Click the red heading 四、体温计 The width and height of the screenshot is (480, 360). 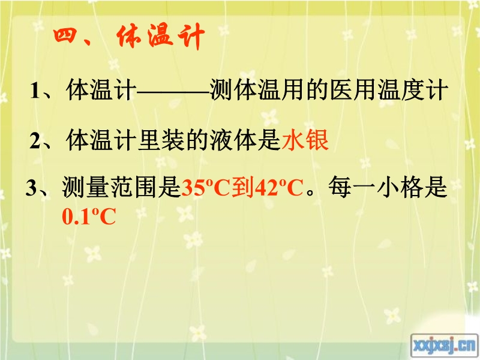click(x=128, y=37)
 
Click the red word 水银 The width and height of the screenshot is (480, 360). click(x=305, y=140)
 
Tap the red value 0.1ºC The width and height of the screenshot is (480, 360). click(x=89, y=217)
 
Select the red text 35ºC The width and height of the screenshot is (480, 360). click(x=206, y=187)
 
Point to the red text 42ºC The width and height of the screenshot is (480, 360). click(x=279, y=187)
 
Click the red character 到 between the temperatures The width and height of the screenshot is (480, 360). click(x=242, y=187)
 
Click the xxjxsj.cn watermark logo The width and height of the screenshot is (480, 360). click(x=444, y=346)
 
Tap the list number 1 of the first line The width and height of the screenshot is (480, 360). click(x=35, y=91)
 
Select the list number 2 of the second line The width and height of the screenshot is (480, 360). click(x=35, y=141)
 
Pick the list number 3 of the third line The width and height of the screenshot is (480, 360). click(x=31, y=187)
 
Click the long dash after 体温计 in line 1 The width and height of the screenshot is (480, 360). click(x=173, y=91)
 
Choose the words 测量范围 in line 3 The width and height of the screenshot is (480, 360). click(x=109, y=187)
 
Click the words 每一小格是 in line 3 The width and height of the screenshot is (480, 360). click(x=388, y=187)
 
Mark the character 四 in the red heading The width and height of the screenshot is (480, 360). click(x=65, y=36)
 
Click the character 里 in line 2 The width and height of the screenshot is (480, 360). click(x=150, y=140)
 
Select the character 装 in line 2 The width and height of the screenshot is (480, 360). click(x=174, y=140)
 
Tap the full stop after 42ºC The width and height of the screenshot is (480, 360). click(x=310, y=193)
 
